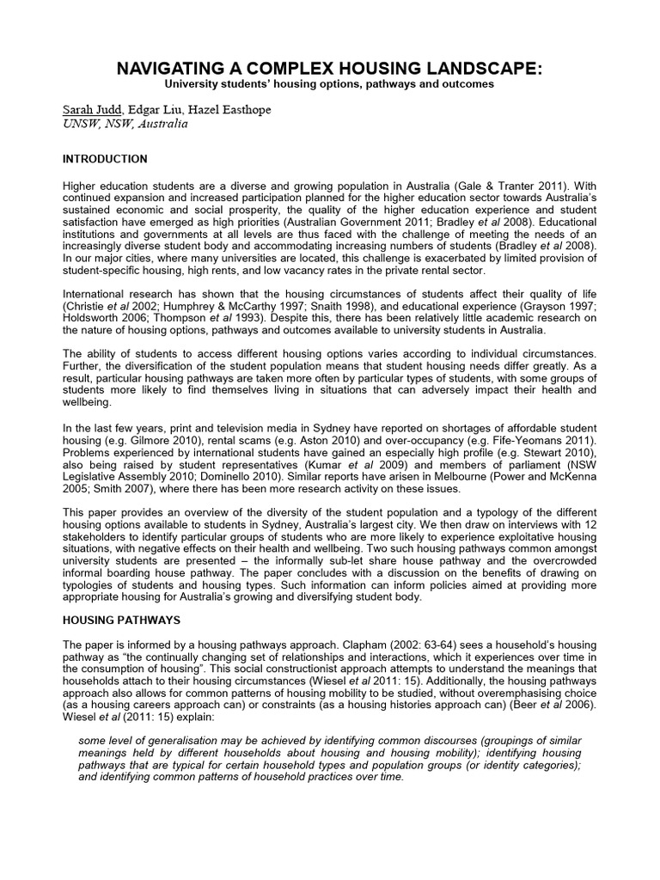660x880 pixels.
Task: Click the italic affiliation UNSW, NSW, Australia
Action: click(x=125, y=124)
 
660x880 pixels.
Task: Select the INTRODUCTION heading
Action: click(x=105, y=159)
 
